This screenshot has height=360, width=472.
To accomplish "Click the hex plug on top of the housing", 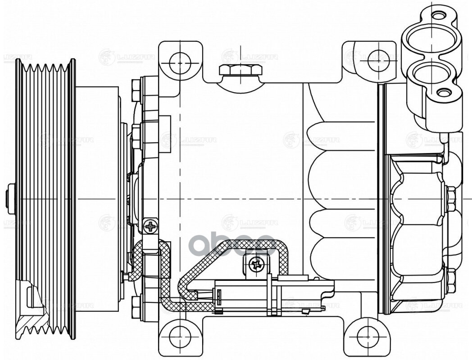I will pos(241,70).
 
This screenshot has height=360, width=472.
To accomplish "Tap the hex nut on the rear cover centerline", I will pos(451,198).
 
